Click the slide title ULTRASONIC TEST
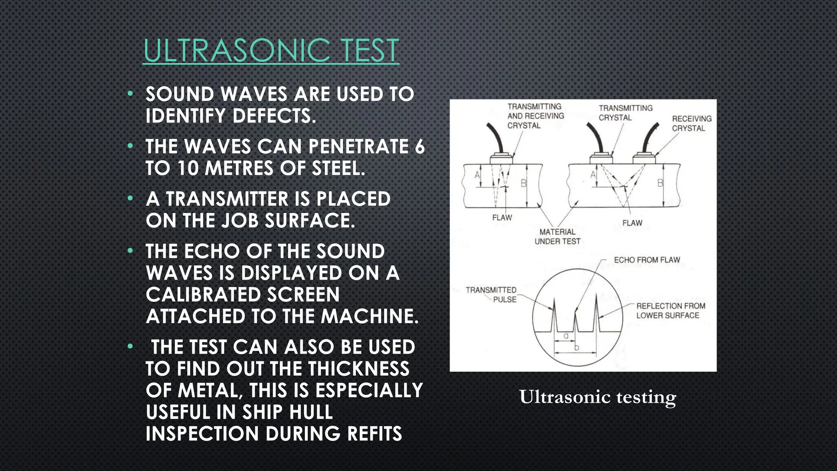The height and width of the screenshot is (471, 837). coord(271,51)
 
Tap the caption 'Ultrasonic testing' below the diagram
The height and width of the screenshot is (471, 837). coord(598,397)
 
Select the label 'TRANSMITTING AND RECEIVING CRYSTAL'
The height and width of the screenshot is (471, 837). coord(535,116)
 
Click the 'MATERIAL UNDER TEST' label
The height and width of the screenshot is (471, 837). coord(557,237)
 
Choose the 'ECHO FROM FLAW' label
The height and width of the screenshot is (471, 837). coord(647,260)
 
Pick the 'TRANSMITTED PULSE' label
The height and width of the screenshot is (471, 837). coord(491,295)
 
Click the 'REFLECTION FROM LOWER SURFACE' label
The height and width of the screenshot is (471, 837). coord(670,311)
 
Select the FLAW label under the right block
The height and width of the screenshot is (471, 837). coord(632,223)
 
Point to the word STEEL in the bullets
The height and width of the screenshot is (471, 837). coord(338,168)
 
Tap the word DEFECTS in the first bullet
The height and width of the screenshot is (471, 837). coord(274,116)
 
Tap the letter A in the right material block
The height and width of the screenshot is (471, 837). coord(593,175)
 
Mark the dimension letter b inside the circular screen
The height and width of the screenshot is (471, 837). coord(577,348)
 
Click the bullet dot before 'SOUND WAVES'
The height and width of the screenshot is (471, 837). coord(130,94)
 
